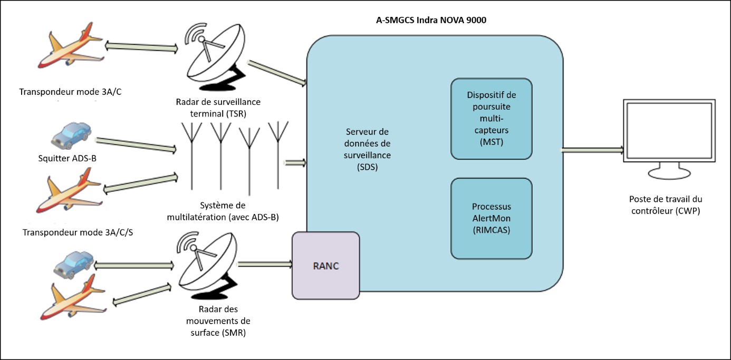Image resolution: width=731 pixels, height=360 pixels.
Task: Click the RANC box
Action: pos(325,266)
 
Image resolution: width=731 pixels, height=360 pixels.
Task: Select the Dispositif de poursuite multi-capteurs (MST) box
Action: pos(491,119)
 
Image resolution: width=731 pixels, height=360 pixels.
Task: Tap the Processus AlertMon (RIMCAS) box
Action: pos(491,218)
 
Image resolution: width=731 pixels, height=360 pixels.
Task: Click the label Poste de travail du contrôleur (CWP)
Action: pos(666,205)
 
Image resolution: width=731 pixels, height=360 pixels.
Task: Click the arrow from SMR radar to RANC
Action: pos(265,264)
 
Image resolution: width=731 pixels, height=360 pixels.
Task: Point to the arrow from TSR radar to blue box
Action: pos(277,73)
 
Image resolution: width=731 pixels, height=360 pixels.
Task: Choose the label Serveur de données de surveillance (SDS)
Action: pos(368,149)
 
